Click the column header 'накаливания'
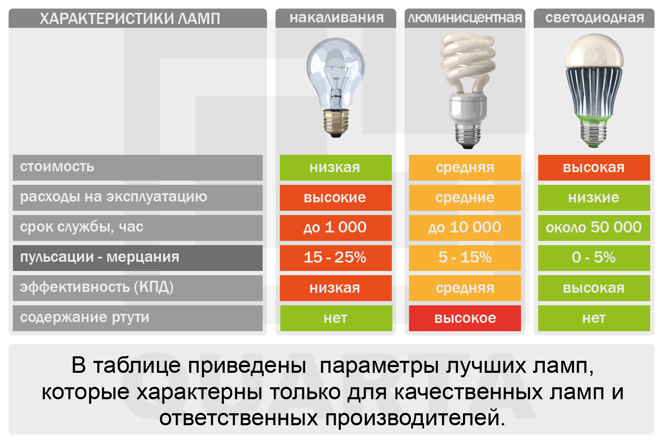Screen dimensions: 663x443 (336, 18)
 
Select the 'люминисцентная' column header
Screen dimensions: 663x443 (465, 18)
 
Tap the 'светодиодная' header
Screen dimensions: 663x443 (594, 18)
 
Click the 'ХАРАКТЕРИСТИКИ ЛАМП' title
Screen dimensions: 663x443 (130, 19)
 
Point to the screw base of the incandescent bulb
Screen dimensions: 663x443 (336, 123)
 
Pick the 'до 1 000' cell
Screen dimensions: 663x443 (336, 228)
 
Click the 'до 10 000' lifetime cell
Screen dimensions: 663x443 (465, 228)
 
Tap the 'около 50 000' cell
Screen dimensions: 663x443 (594, 228)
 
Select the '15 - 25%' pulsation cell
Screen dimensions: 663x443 (336, 258)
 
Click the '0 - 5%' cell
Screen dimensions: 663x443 (594, 258)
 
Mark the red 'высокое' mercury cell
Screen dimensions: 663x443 (465, 318)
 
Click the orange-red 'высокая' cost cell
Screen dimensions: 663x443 (594, 167)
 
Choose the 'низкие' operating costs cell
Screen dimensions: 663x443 (594, 197)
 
